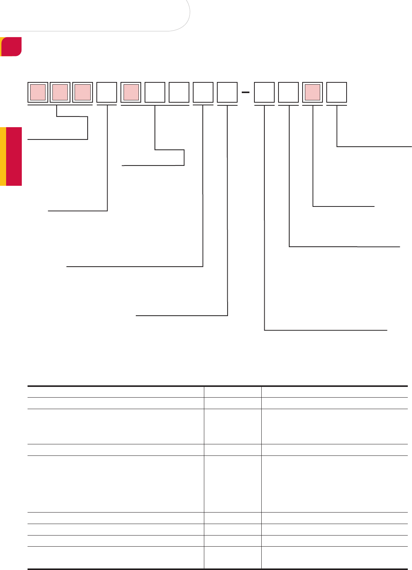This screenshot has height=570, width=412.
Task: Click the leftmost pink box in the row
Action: coord(38,92)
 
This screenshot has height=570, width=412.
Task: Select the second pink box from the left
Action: coord(60,92)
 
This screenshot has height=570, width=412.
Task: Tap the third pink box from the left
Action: coord(83,92)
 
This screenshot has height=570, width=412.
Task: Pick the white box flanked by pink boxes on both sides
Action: coord(107,92)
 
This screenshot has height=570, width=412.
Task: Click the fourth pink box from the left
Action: coord(131,92)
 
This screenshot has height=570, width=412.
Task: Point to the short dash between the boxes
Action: coord(246,92)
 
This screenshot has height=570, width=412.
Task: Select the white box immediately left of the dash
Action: coord(227,92)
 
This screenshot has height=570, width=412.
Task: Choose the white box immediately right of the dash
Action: coord(264,92)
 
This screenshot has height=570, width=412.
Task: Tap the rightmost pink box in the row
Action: coord(313,92)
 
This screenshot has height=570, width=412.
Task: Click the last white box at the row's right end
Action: coord(337,92)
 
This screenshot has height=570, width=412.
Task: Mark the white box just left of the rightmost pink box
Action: coord(288,92)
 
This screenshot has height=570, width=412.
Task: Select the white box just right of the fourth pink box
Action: coord(155,92)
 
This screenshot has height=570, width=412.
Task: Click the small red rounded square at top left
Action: coord(11,46)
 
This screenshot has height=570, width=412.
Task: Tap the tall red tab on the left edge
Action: coord(14,156)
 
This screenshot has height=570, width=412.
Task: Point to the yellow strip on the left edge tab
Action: coord(3,156)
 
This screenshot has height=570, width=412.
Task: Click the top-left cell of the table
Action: coord(116,392)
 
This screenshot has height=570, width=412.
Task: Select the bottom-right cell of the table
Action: coord(334,557)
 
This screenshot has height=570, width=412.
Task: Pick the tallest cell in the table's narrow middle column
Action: coord(233,484)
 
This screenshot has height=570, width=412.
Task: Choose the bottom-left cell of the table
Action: coord(116,557)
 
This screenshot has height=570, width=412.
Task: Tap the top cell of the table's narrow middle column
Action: coord(233,392)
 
